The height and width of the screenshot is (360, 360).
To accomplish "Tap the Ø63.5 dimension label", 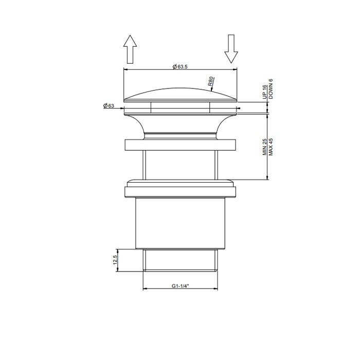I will [180, 66].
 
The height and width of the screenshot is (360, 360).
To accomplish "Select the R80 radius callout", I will [211, 81].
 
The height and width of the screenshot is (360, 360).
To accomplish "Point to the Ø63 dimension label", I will [109, 106].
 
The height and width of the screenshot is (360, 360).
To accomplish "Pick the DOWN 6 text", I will [271, 88].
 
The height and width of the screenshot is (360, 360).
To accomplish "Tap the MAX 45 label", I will [271, 147].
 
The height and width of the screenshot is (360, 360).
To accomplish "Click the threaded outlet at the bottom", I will [180, 260].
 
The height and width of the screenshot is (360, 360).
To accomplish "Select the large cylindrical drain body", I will [180, 224].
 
